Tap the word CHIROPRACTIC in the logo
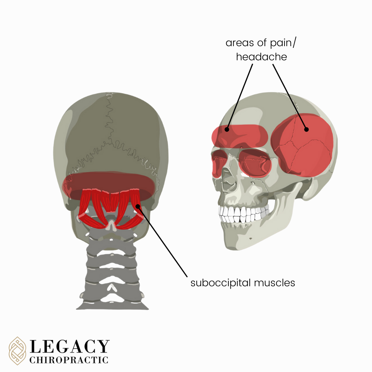point(69,360)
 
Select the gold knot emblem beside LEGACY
point(18,351)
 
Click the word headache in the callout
point(261,57)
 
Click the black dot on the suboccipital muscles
point(137,206)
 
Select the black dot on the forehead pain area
point(227,130)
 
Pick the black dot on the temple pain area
point(306,130)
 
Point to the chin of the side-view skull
point(238,243)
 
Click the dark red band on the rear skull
point(108,181)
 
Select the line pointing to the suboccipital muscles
point(162,241)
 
